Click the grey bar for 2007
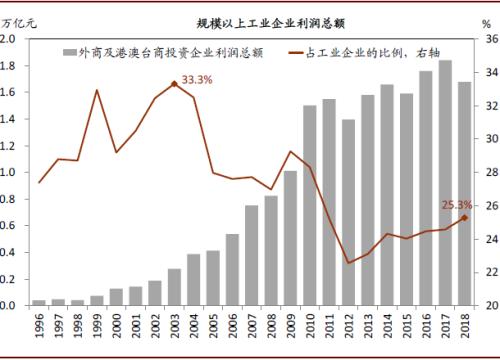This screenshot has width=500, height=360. click(x=252, y=255)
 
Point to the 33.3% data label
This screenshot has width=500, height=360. click(x=196, y=78)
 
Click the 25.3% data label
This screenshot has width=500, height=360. click(x=456, y=205)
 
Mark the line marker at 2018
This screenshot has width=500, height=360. click(x=464, y=217)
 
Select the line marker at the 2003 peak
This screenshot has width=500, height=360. click(x=174, y=83)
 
